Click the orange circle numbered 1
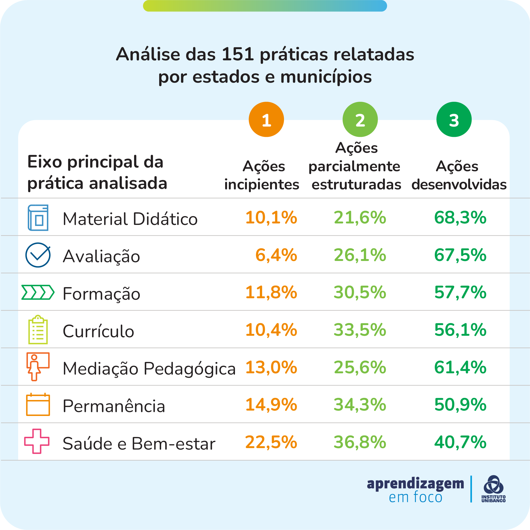click(266, 119)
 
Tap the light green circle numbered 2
click(360, 119)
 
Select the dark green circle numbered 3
click(454, 119)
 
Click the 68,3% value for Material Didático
click(460, 218)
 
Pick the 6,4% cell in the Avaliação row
click(276, 255)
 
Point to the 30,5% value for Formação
click(360, 292)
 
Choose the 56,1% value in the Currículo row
click(460, 330)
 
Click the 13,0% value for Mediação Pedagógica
click(271, 367)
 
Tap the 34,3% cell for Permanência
click(360, 405)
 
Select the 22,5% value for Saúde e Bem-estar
click(271, 442)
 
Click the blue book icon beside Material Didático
click(38, 218)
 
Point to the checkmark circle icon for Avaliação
click(38, 255)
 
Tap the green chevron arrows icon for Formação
click(38, 292)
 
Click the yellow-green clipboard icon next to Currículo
click(38, 329)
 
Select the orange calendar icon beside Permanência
click(38, 404)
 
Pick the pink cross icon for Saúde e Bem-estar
click(37, 441)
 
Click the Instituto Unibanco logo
click(493, 489)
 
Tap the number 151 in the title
click(238, 54)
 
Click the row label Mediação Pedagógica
click(149, 368)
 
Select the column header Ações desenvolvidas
click(459, 175)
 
